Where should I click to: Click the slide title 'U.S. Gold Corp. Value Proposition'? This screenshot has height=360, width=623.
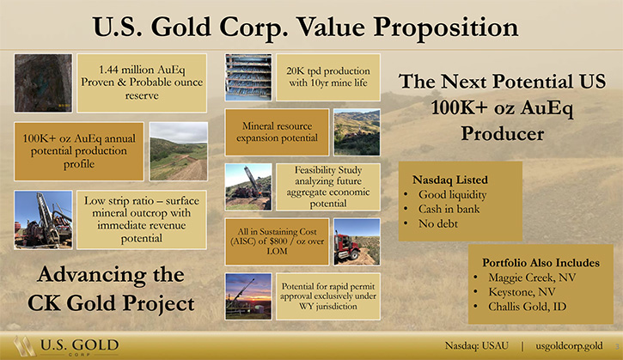pyautogui.click(x=305, y=27)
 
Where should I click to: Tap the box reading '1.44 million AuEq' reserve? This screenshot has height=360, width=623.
pyautogui.click(x=142, y=82)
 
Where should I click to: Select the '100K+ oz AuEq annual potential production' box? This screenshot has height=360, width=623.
pyautogui.click(x=79, y=151)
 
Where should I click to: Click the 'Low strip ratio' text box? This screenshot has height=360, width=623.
pyautogui.click(x=142, y=219)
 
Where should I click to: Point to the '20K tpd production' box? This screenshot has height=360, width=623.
pyautogui.click(x=328, y=77)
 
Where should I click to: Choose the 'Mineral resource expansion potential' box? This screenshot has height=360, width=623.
pyautogui.click(x=277, y=132)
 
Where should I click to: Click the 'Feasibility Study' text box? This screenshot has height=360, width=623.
pyautogui.click(x=328, y=186)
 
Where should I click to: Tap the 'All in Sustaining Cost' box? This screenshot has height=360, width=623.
pyautogui.click(x=277, y=241)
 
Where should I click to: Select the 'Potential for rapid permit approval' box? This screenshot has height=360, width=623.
pyautogui.click(x=328, y=296)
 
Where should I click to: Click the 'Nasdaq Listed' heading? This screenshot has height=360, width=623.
pyautogui.click(x=449, y=180)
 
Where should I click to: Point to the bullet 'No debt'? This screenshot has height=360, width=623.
pyautogui.click(x=438, y=223)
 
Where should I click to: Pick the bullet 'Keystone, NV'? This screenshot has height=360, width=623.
pyautogui.click(x=522, y=292)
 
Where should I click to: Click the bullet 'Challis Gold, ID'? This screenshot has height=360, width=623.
pyautogui.click(x=528, y=307)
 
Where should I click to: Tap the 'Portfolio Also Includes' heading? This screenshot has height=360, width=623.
pyautogui.click(x=541, y=263)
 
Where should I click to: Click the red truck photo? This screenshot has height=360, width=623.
pyautogui.click(x=357, y=241)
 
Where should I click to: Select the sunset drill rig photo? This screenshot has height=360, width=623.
pyautogui.click(x=248, y=296)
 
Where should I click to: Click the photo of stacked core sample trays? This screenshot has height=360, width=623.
pyautogui.click(x=248, y=77)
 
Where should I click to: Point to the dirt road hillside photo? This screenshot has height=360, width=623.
pyautogui.click(x=179, y=151)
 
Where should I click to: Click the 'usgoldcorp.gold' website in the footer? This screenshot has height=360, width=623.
pyautogui.click(x=569, y=345)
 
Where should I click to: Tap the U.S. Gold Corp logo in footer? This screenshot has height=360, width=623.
pyautogui.click(x=66, y=346)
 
